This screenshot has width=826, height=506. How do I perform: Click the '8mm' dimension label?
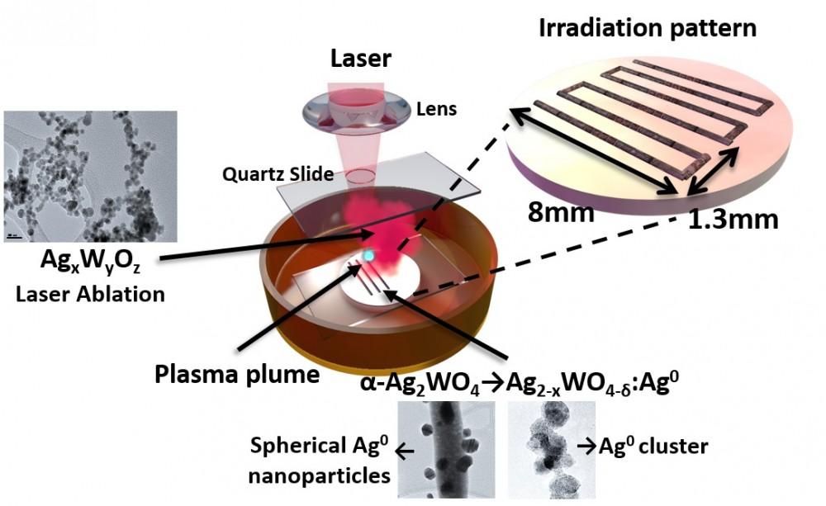click(562, 214)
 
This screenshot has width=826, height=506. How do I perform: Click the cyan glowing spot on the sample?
click(369, 257)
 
